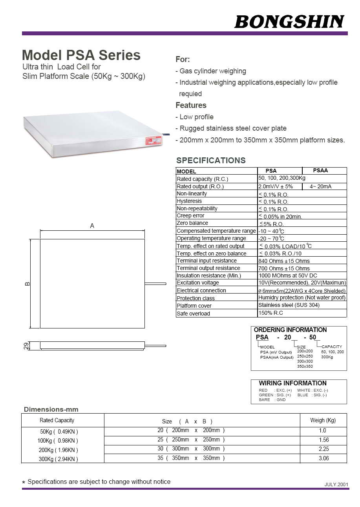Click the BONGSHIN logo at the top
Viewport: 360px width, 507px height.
[x=289, y=22]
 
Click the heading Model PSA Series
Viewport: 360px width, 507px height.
[x=81, y=55]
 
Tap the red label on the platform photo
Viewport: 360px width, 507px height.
[x=153, y=140]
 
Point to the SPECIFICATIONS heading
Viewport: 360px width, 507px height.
[x=211, y=160]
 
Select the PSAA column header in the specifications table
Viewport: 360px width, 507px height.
[x=320, y=171]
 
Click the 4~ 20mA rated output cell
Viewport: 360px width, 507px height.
[x=320, y=186]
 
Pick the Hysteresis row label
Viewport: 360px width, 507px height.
[x=189, y=201]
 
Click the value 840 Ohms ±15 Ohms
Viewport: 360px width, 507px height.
[x=284, y=261]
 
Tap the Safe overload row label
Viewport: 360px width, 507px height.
[x=193, y=314]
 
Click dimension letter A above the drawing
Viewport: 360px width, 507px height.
[x=92, y=226]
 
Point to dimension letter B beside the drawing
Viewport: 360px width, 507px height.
[x=27, y=284]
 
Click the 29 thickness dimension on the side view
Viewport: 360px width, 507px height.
[x=26, y=346]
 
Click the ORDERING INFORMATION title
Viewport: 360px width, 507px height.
[x=290, y=330]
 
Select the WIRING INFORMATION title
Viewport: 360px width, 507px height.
[x=292, y=383]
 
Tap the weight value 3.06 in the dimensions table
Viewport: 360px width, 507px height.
[x=323, y=458]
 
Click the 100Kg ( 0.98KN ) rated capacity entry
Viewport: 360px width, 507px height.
[x=58, y=441]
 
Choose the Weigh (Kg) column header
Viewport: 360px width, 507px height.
[x=323, y=420]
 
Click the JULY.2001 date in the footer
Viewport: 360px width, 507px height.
[x=336, y=484]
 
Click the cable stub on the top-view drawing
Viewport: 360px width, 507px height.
[x=155, y=283]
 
